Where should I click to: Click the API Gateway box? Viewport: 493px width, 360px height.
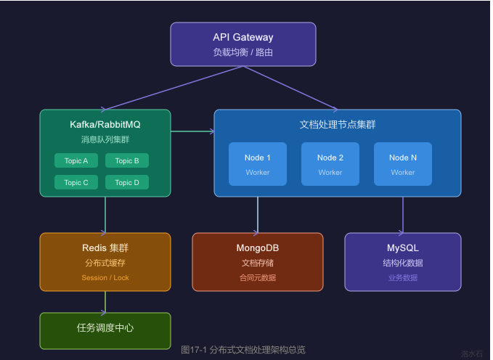tap(243, 44)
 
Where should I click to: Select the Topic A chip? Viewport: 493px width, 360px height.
tap(76, 160)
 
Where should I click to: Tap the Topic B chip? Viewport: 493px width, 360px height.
tap(127, 160)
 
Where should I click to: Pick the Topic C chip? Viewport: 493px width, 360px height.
tap(76, 182)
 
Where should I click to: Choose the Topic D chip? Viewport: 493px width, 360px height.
tap(127, 182)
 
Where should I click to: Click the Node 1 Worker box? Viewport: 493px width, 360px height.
tap(258, 164)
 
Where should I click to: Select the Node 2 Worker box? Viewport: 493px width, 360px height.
tap(330, 164)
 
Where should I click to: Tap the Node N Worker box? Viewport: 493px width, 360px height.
tap(403, 164)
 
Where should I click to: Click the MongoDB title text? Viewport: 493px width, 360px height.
tap(258, 248)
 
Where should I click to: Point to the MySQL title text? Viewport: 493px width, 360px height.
tap(403, 248)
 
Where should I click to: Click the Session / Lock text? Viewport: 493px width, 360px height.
tap(105, 278)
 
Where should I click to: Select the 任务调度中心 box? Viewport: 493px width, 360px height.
tap(105, 331)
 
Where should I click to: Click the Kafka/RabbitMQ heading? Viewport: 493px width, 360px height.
tap(105, 125)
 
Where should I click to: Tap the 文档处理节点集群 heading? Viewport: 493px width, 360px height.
tap(338, 125)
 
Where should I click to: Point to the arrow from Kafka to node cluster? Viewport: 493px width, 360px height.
tap(192, 131)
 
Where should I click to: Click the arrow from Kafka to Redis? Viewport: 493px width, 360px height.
tap(105, 215)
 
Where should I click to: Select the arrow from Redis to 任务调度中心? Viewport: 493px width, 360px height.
tap(105, 302)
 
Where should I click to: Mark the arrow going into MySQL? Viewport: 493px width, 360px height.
tap(403, 215)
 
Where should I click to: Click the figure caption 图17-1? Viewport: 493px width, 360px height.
tap(243, 350)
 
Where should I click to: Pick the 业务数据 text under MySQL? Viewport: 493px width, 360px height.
tap(403, 278)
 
